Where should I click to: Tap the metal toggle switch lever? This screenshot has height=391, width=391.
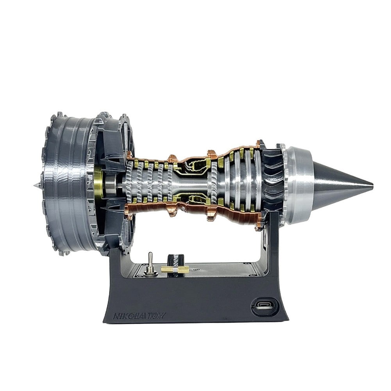point(150,260)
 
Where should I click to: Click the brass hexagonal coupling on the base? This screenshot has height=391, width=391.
point(175,269)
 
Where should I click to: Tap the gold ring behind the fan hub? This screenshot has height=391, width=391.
point(99,184)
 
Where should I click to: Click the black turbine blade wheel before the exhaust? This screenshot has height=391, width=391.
point(273,184)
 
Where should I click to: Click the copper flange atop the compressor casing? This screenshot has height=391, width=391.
point(172,159)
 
